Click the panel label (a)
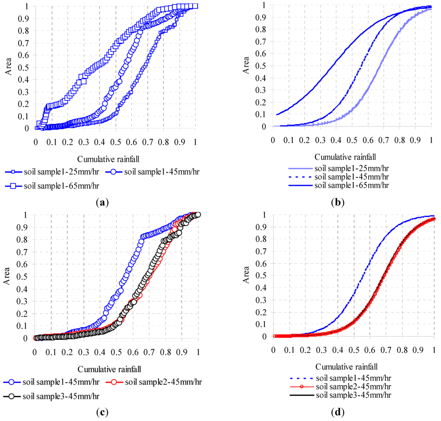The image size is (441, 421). click(102, 203)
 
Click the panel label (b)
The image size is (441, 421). click(338, 203)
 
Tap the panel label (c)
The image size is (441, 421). click(102, 412)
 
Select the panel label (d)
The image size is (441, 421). click(338, 412)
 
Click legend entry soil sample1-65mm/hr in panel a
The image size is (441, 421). click(52, 186)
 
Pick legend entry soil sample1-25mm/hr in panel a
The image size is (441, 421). click(52, 172)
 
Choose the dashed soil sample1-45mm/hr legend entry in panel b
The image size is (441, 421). click(339, 177)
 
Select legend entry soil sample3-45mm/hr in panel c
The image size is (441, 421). click(52, 396)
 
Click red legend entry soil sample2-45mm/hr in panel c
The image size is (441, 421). click(154, 382)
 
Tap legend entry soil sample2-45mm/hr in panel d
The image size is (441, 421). click(340, 387)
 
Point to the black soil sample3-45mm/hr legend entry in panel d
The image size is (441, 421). click(340, 395)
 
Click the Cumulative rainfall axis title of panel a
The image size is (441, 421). click(108, 159)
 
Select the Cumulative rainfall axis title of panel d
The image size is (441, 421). click(347, 367)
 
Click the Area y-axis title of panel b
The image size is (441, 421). click(246, 65)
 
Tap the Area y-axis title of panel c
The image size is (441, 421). click(7, 276)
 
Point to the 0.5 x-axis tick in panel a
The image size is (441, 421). click(115, 142)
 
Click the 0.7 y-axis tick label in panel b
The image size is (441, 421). click(261, 41)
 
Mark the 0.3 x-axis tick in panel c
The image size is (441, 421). click(84, 352)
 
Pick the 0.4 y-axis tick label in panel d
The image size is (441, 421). click(261, 288)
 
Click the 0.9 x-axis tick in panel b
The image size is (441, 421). click(415, 140)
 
